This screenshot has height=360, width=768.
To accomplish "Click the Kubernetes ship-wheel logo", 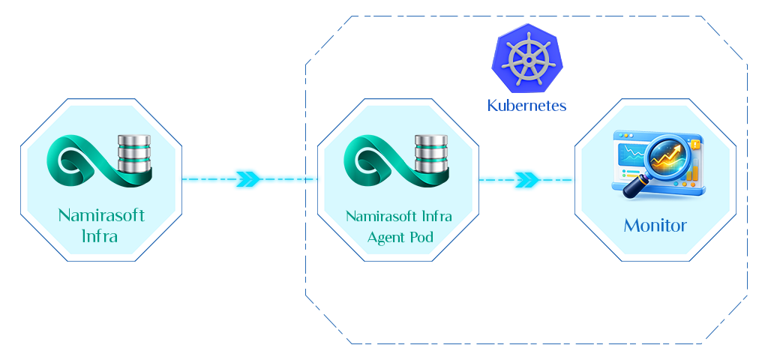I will tap(526, 58).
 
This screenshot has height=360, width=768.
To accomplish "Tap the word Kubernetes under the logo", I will tap(526, 105).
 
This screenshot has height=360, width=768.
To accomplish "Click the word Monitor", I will tap(655, 225).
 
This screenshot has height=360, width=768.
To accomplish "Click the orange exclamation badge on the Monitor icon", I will tap(696, 143).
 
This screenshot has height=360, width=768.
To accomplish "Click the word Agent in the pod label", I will tap(384, 237).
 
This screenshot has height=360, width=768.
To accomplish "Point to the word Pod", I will tap(420, 237).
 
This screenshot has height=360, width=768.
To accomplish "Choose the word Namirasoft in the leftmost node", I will tap(101, 216).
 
